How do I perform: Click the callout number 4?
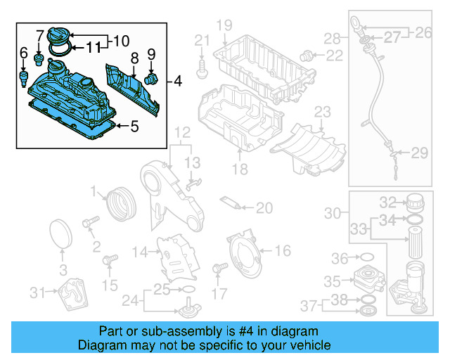(x=176, y=82)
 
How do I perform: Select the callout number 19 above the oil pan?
(x=224, y=27)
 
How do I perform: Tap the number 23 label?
(x=321, y=112)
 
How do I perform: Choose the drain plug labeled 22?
(x=306, y=55)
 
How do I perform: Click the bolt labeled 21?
(x=202, y=69)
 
